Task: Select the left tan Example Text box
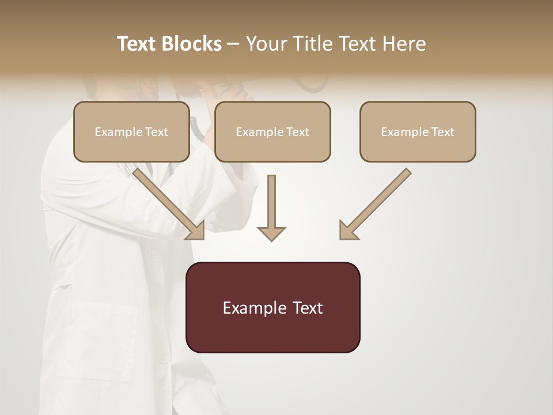click(x=131, y=131)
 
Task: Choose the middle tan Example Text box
click(x=272, y=131)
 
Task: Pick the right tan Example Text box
click(x=418, y=131)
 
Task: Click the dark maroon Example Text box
click(x=272, y=307)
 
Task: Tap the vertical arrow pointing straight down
click(x=271, y=207)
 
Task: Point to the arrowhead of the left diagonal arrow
click(x=195, y=230)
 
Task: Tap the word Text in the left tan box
click(x=157, y=132)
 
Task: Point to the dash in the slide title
click(x=233, y=44)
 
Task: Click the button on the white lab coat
click(x=154, y=253)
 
